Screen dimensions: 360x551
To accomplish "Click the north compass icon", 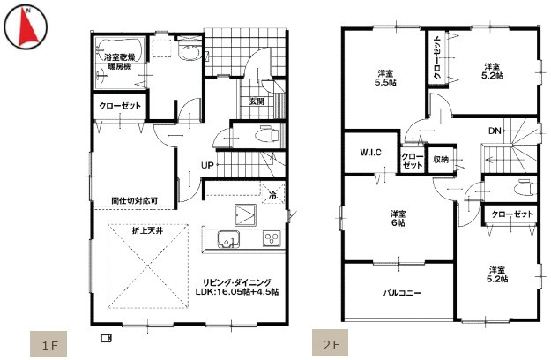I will pos(26,27).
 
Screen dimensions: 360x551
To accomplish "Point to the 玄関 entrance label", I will pos(256,101).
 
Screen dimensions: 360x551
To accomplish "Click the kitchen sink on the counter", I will pos(224,239).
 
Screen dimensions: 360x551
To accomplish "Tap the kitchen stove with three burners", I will pos(271,239).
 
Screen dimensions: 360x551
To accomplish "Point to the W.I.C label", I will pos(370,153).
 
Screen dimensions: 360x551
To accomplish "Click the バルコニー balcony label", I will pos(401,292).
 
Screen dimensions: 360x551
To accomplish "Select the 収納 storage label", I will pos(441,160).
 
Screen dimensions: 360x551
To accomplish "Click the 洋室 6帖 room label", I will pos(398,218).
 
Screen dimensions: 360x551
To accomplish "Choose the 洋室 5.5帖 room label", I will pos(385,79).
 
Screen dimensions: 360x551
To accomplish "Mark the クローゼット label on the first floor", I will pos(118,105).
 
